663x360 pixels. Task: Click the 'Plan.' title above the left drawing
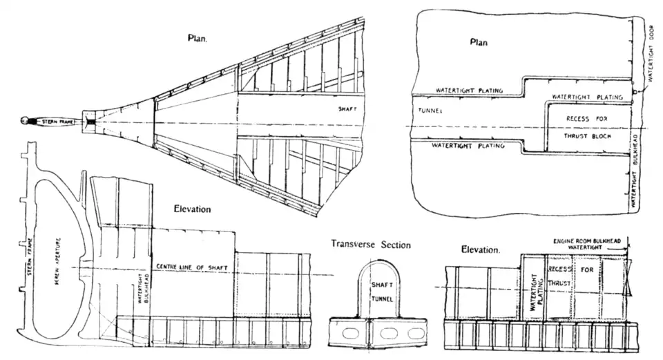click(198, 39)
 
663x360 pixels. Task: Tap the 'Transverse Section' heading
click(370, 245)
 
